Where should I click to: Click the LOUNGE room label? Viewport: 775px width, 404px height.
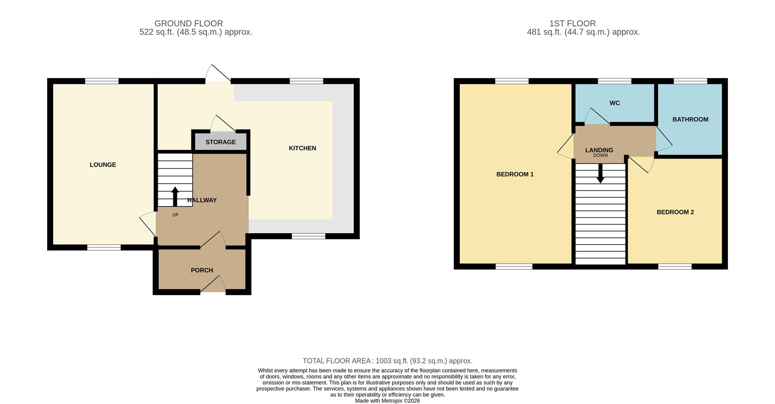103,165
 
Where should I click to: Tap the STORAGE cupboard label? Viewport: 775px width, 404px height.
220,142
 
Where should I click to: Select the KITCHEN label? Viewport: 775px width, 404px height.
302,148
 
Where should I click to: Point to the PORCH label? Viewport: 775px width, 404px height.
202,270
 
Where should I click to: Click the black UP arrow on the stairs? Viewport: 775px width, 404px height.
175,197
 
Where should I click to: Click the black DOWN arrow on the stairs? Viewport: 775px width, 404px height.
600,174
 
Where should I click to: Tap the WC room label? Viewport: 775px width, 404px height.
614,103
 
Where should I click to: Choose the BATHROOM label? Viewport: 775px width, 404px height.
690,119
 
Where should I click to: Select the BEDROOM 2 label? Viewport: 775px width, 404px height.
675,212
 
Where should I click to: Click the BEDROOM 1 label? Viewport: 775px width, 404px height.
515,174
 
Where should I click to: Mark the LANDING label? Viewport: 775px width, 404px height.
599,150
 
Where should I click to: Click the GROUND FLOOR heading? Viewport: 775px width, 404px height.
189,23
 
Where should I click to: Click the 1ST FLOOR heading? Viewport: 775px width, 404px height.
572,23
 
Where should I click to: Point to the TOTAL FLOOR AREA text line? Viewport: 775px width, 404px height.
387,361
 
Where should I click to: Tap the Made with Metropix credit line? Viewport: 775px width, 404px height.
387,401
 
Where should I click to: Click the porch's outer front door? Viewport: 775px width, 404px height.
213,285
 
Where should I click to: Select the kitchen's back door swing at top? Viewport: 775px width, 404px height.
218,74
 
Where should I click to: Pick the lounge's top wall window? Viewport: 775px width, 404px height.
102,81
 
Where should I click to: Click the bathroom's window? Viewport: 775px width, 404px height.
690,81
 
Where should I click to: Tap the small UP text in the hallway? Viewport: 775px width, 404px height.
175,215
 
